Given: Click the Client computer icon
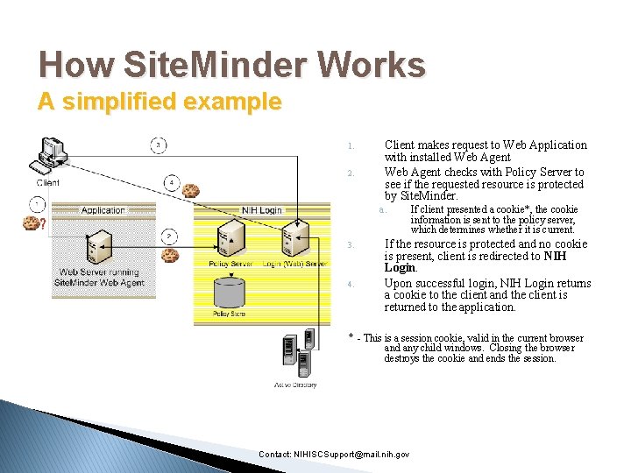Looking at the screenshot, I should click(x=49, y=158).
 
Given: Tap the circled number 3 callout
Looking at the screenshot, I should click(x=158, y=145).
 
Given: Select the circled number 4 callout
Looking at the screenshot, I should click(x=172, y=183).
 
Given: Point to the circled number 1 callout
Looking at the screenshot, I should click(x=37, y=204).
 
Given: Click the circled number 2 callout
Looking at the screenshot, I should click(x=168, y=236).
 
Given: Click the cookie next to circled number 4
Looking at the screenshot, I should click(x=191, y=190).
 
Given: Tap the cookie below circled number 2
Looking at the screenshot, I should click(x=170, y=256).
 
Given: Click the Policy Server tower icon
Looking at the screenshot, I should click(x=230, y=239).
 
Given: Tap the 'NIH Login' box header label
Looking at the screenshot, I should click(x=262, y=210).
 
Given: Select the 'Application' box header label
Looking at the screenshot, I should click(x=103, y=210).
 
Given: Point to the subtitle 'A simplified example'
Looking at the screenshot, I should click(x=160, y=102).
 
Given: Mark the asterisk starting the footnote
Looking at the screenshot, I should click(x=351, y=336).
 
